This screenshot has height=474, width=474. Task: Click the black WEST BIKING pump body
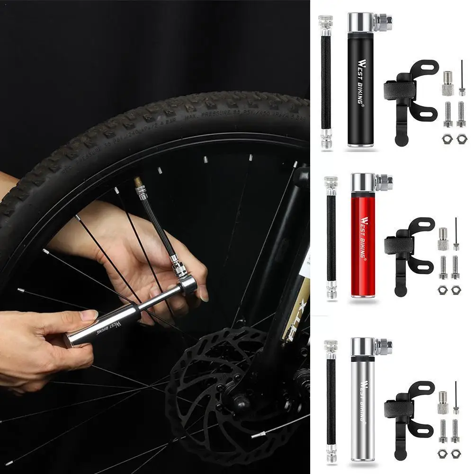(361, 95)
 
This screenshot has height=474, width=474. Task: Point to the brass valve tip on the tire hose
(138, 181)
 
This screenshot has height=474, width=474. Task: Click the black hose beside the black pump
(325, 80)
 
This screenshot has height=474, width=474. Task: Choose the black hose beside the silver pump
(331, 402)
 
